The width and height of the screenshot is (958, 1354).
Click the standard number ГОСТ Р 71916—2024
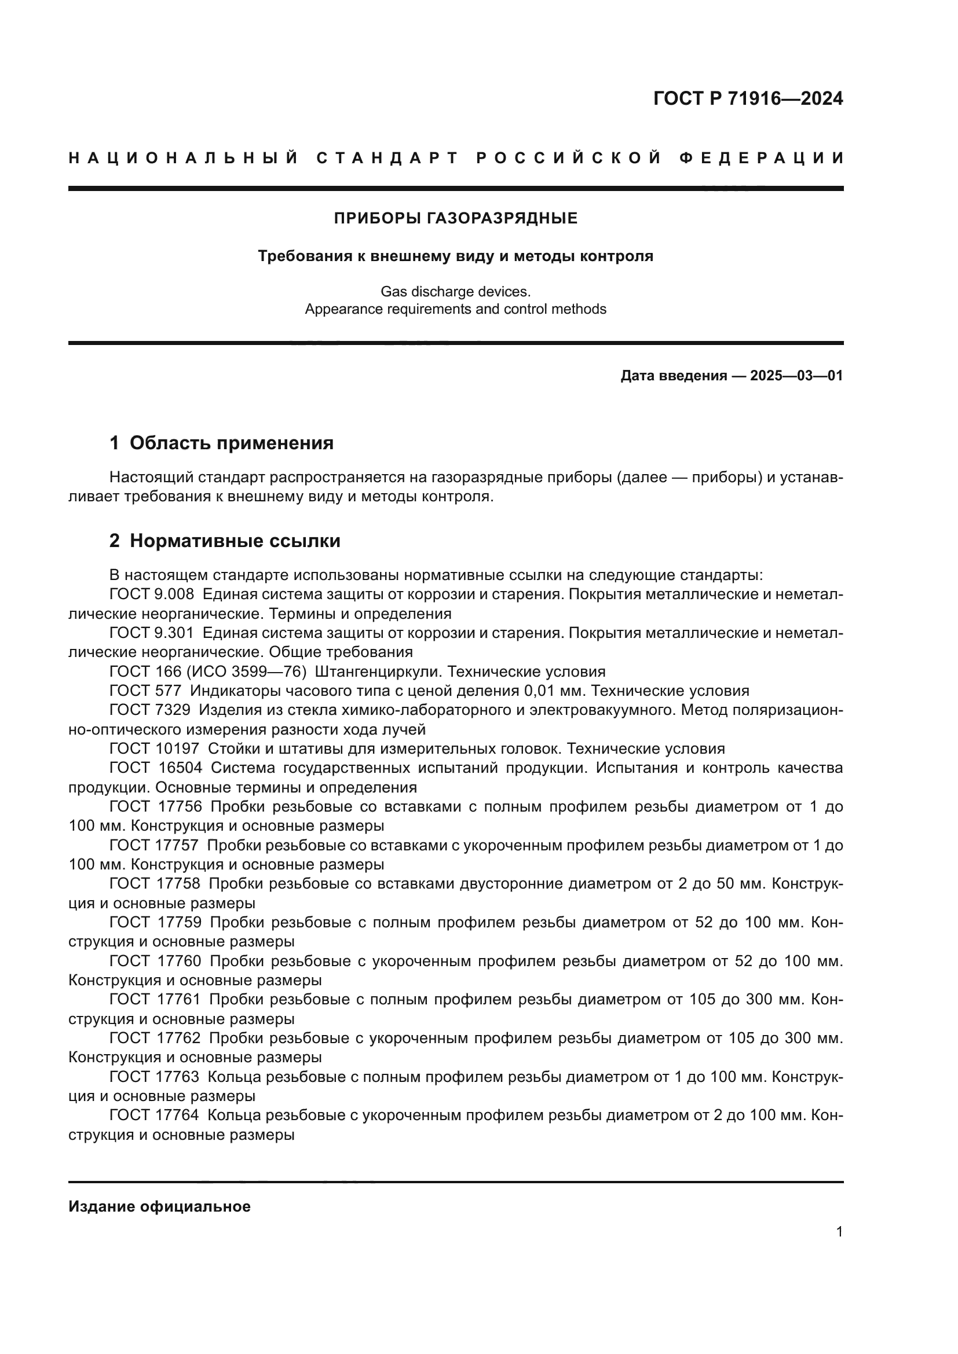(747, 98)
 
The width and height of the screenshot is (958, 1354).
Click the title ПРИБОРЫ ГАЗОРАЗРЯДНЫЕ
(455, 219)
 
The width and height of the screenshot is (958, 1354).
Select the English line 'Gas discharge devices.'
(455, 291)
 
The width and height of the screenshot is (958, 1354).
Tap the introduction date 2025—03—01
(796, 376)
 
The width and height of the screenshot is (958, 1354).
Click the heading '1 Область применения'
(221, 443)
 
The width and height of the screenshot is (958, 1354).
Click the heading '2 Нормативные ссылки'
(225, 541)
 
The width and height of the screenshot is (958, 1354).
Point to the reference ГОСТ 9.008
(152, 595)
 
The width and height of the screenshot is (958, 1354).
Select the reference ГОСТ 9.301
(152, 633)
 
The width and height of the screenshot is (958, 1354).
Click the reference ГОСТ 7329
(150, 711)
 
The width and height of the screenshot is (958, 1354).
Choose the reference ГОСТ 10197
(154, 749)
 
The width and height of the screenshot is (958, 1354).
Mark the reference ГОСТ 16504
(156, 768)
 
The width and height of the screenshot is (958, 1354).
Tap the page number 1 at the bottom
(839, 1232)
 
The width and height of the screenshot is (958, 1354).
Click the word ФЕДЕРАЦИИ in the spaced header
(762, 158)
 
